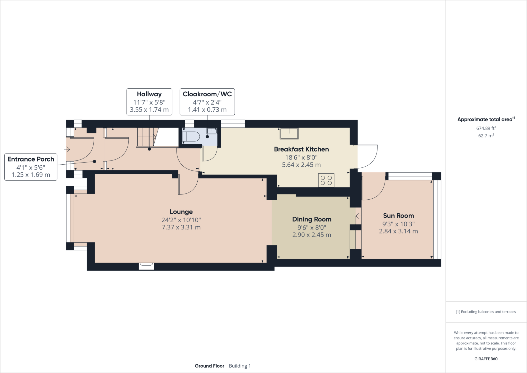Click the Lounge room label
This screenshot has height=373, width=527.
181,212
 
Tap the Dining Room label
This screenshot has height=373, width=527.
312,219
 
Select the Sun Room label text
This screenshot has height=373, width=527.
398,216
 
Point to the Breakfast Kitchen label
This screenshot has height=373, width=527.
301,149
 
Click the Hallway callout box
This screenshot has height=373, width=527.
149,102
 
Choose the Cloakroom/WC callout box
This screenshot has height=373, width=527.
207,102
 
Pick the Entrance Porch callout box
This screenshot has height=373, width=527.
31,167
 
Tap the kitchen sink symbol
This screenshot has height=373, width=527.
289,134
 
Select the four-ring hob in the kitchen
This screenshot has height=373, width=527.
326,180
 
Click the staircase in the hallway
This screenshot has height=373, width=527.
147,137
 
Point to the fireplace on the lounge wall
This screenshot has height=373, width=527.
146,266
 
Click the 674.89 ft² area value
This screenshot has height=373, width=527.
486,128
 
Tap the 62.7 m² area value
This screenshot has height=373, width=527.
486,135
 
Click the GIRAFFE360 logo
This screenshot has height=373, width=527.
486,359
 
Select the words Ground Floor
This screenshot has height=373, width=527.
209,366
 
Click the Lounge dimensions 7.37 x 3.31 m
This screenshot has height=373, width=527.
181,227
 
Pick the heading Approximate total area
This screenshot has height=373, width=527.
486,119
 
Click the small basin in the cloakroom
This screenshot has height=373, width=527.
212,131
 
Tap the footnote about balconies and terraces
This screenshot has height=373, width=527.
486,312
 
